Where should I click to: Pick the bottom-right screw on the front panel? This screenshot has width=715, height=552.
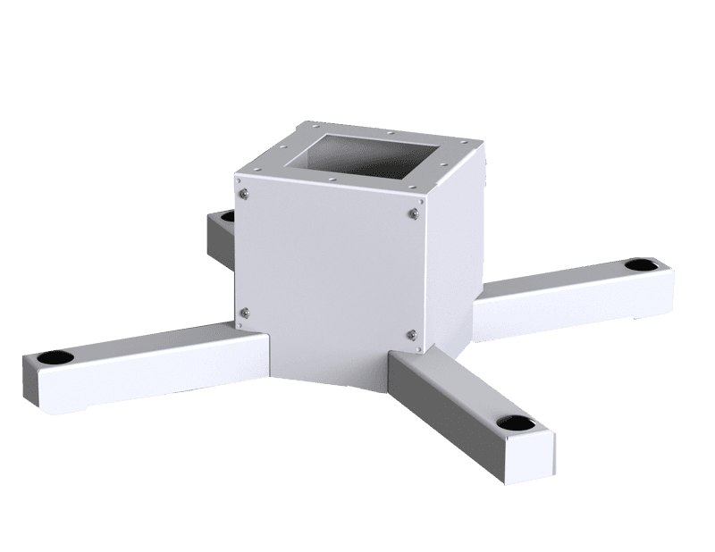click(x=412, y=334)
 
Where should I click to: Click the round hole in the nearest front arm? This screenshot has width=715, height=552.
click(x=516, y=422)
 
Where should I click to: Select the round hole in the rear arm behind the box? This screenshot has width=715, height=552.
click(x=227, y=216)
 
